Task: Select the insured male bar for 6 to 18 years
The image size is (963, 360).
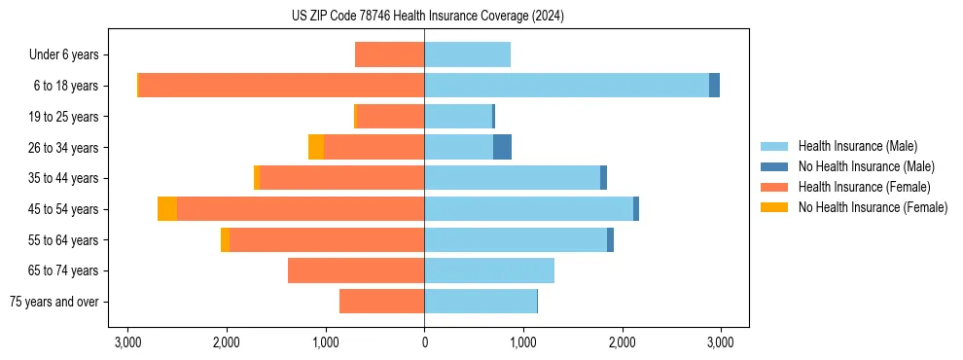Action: [566, 86]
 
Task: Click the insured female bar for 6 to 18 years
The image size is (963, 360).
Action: [281, 86]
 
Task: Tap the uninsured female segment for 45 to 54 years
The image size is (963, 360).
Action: [167, 209]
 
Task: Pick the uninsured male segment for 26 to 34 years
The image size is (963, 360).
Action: [502, 148]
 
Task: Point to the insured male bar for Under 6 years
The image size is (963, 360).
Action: [467, 54]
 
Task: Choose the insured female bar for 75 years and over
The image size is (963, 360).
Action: [381, 302]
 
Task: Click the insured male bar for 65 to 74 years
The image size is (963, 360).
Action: [489, 270]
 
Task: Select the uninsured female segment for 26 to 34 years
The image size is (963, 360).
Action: [316, 148]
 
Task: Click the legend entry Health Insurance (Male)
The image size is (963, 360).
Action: [857, 146]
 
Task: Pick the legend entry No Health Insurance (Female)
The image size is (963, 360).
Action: [873, 207]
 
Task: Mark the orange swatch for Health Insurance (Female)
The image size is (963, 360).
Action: [774, 187]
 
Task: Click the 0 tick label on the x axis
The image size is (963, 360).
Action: [424, 342]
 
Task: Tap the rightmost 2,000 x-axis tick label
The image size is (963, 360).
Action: [622, 342]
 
